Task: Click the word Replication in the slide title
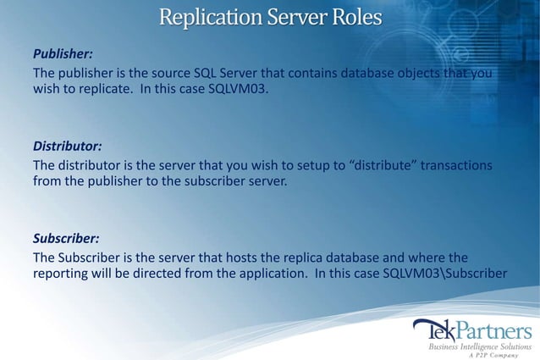point(200,16)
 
